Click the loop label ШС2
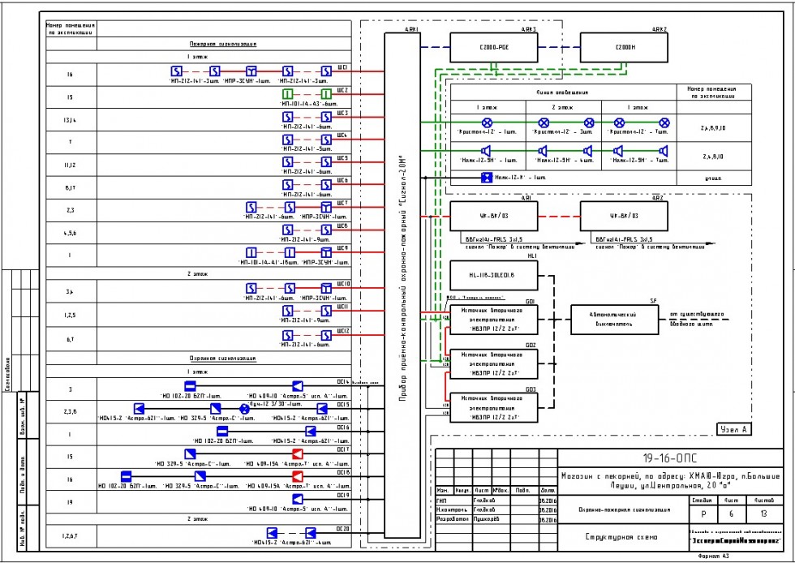343,91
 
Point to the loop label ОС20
342,528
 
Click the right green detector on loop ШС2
326,95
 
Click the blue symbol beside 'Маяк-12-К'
487,177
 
